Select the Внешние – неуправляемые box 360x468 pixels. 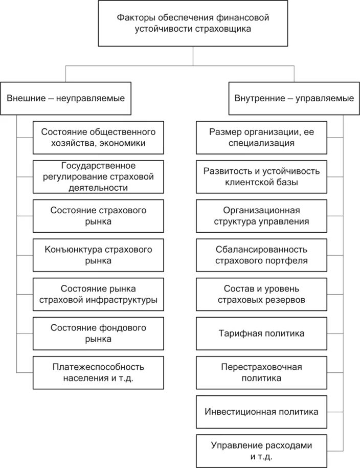(x=66, y=98)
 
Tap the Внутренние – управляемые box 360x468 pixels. (x=294, y=98)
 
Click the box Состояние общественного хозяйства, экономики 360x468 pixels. (x=99, y=137)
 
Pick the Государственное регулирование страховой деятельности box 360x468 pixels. (x=99, y=176)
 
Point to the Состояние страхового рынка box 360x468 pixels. (x=99, y=216)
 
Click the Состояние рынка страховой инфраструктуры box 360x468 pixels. (x=99, y=294)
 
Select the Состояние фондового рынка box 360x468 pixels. (x=99, y=333)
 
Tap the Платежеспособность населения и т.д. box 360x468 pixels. (x=99, y=372)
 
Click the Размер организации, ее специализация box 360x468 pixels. (x=261, y=137)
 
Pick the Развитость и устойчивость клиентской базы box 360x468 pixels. (x=261, y=176)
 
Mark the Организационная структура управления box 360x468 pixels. (x=261, y=216)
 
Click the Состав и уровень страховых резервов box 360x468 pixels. (x=261, y=294)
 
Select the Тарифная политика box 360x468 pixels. (x=261, y=333)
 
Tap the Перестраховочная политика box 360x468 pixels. (x=261, y=372)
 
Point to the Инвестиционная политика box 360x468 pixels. (x=261, y=411)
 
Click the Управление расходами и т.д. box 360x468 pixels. (x=261, y=450)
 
